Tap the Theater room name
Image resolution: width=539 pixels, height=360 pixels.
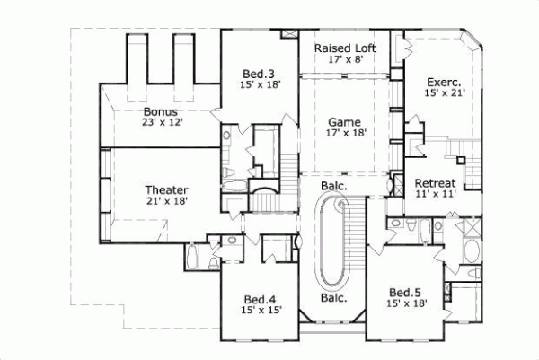coord(166,189)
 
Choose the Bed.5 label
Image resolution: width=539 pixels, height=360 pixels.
coord(404,292)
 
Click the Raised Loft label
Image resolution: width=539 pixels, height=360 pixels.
coord(344,48)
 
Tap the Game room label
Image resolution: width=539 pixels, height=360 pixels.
coord(344,119)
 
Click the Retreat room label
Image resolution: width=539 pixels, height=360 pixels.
coord(437,181)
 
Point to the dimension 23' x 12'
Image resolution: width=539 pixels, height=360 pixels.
coord(163,122)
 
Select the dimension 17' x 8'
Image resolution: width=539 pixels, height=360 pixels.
coord(344,59)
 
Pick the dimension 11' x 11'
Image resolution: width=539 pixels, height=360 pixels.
coord(437,192)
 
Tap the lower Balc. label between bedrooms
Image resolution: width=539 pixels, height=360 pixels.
coord(334,298)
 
